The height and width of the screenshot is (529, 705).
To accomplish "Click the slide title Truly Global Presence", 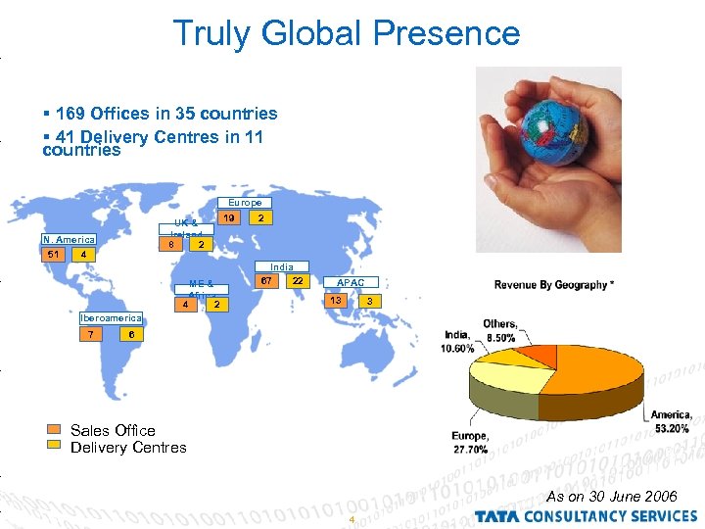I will point(347,33).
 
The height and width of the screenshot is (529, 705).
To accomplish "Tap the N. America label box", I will point(68,239).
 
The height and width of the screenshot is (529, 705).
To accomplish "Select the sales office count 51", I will point(53,255).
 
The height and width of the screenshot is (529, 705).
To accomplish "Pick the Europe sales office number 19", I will point(228,217).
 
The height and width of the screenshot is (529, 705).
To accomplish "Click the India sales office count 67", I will point(265,281).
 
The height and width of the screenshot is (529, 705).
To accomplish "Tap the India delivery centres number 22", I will point(298,281).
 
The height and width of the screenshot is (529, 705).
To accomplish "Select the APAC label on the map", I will point(350,283).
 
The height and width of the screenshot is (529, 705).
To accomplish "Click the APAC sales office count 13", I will point(337,299).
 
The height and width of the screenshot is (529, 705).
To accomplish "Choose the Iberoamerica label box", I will point(111,317).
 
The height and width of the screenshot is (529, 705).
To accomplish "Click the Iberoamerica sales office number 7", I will point(91,334).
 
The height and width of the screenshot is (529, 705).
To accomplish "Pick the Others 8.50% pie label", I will point(499,331).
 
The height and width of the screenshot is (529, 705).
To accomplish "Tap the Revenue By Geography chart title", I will point(554,285).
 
